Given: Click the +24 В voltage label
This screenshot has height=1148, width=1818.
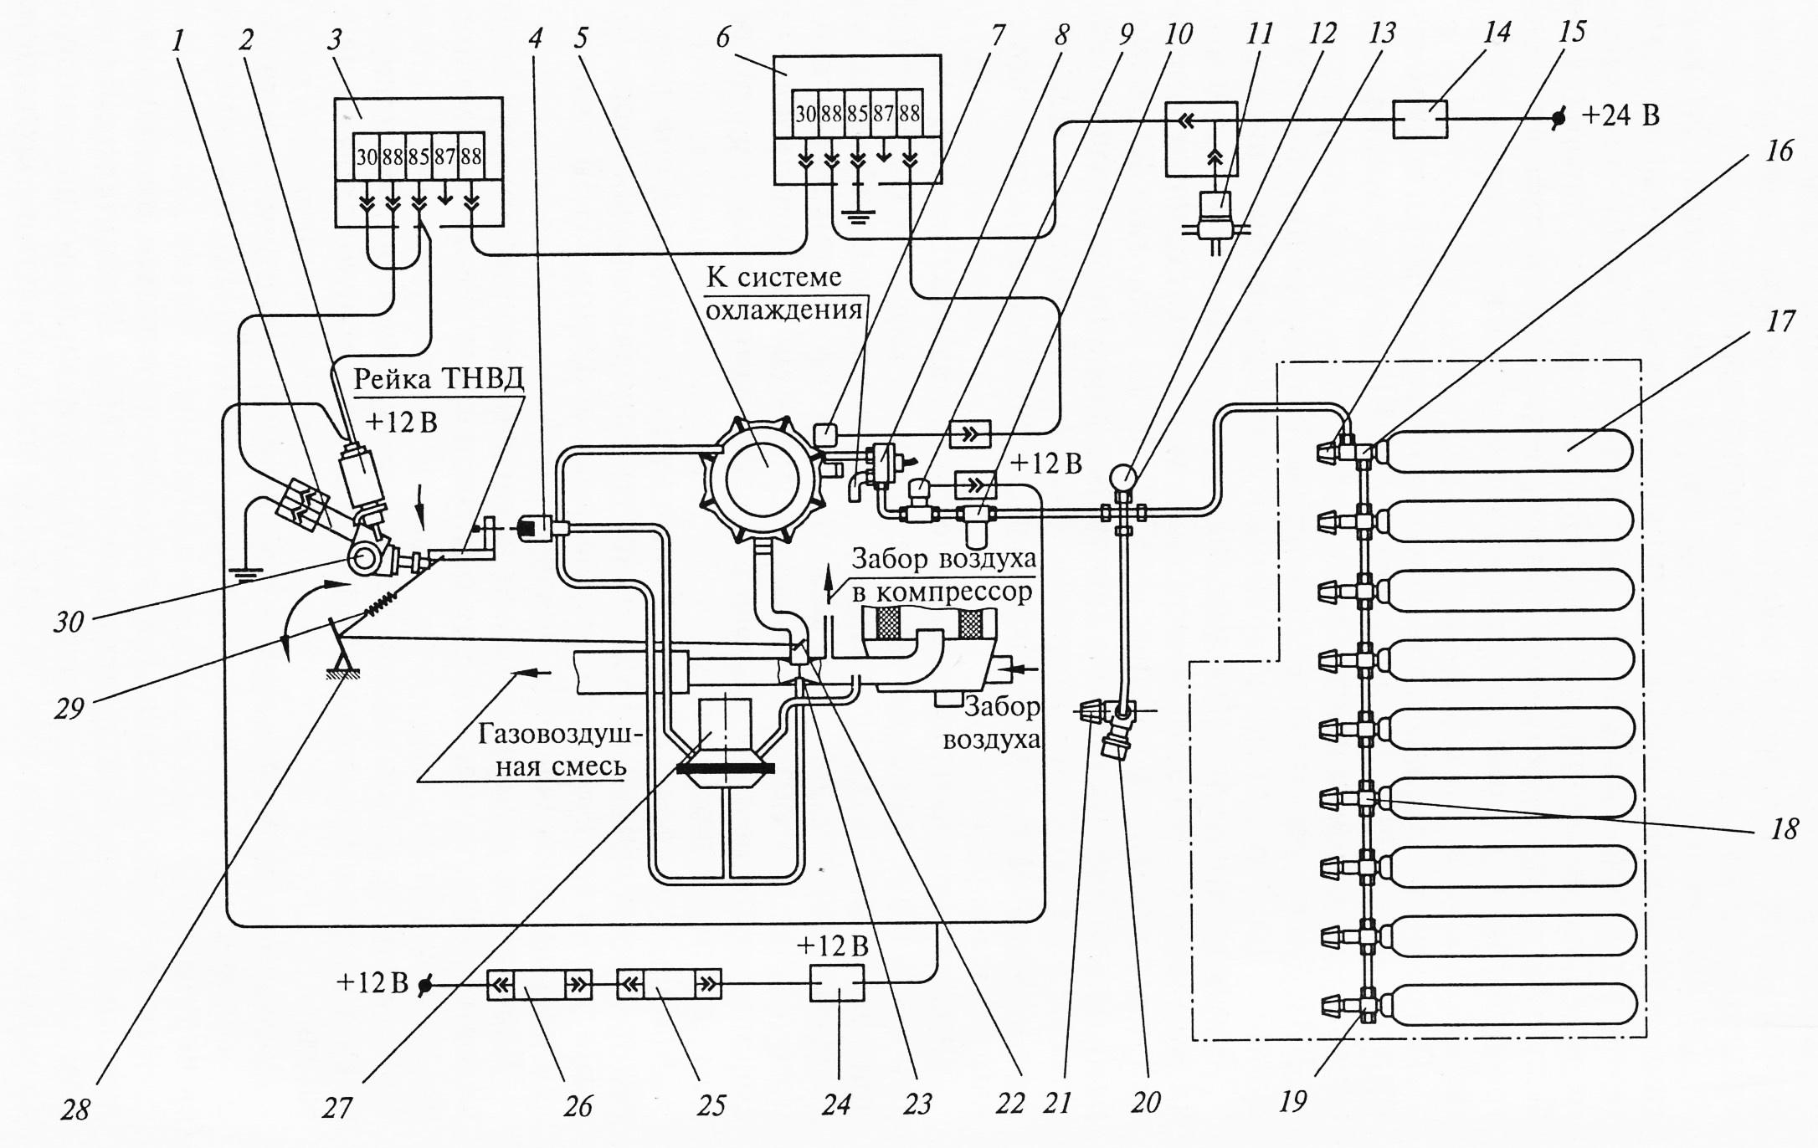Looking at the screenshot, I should pos(1620,115).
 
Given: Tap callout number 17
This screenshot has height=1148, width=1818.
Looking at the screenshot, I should pos(1779,320).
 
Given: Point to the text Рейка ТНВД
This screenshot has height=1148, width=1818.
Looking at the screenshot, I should pos(439,380).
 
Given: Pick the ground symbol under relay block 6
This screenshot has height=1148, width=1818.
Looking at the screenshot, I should pos(857,216).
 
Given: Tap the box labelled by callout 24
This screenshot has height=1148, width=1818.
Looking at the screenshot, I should pos(837,982).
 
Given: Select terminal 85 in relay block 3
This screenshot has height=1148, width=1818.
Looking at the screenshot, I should pos(419,156).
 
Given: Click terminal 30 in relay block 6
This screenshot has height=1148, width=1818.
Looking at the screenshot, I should pos(805,113).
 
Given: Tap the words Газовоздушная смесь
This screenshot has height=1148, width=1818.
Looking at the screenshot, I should pos(559,751).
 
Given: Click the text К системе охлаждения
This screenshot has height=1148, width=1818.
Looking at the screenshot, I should pos(783,294).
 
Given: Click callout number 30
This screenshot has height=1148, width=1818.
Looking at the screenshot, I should pos(69,622).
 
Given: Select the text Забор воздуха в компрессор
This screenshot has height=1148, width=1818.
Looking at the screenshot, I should pos(942,575).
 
